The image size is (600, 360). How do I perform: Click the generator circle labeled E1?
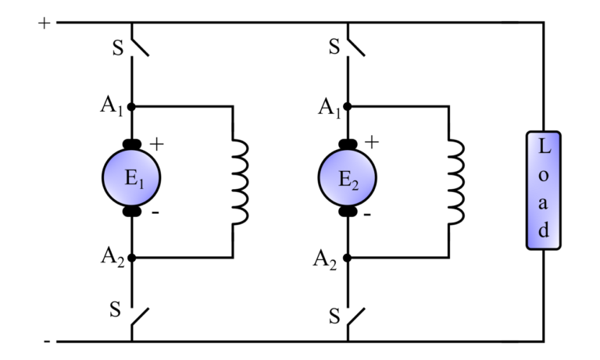131,179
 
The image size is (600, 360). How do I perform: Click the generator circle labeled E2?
348,179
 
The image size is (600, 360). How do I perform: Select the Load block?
544,190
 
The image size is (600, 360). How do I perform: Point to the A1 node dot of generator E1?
131,105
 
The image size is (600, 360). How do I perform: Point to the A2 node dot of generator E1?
131,257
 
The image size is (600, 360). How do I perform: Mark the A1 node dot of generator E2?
348,105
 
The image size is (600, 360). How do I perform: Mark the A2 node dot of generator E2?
348,257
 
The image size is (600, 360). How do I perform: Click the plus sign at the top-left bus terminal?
44,23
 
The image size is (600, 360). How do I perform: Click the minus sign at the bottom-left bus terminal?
46,341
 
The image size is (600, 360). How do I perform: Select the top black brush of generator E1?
131,144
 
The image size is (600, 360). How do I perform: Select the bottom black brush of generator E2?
348,212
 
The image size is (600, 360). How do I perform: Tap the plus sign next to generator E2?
373,143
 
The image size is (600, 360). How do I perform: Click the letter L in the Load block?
544,148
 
